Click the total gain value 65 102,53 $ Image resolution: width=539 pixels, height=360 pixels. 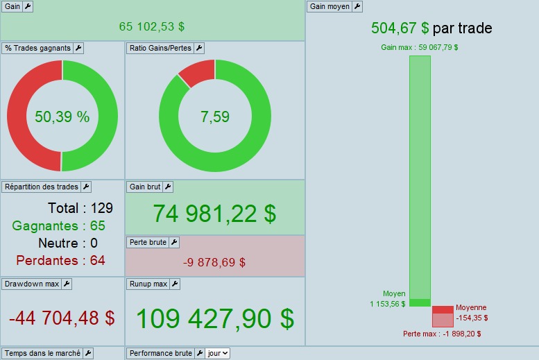pyautogui.click(x=152, y=26)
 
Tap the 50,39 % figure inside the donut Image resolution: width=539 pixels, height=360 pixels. pyautogui.click(x=62, y=117)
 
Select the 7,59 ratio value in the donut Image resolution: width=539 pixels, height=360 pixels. pyautogui.click(x=215, y=117)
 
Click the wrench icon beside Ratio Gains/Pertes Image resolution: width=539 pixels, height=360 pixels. pyautogui.click(x=199, y=48)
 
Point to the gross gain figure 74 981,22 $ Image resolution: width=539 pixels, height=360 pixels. pyautogui.click(x=214, y=214)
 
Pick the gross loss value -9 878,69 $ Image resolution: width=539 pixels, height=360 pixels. pyautogui.click(x=214, y=262)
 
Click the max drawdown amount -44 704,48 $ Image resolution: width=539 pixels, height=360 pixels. pyautogui.click(x=62, y=318)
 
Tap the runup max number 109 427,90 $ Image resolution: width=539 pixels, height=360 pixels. pyautogui.click(x=214, y=318)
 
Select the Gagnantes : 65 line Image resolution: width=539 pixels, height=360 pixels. pyautogui.click(x=59, y=225)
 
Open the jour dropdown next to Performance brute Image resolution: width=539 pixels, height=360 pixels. pyautogui.click(x=218, y=353)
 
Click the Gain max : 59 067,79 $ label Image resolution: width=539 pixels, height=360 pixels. pyautogui.click(x=420, y=48)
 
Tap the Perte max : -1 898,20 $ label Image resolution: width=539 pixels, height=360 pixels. pyautogui.click(x=442, y=334)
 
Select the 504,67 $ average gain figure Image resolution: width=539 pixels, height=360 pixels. pyautogui.click(x=400, y=28)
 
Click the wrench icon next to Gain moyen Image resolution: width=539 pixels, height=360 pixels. pyautogui.click(x=357, y=6)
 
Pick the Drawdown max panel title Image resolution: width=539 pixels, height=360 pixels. pyautogui.click(x=31, y=284)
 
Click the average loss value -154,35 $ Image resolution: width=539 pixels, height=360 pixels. pyautogui.click(x=472, y=318)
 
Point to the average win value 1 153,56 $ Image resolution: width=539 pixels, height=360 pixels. pyautogui.click(x=388, y=304)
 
